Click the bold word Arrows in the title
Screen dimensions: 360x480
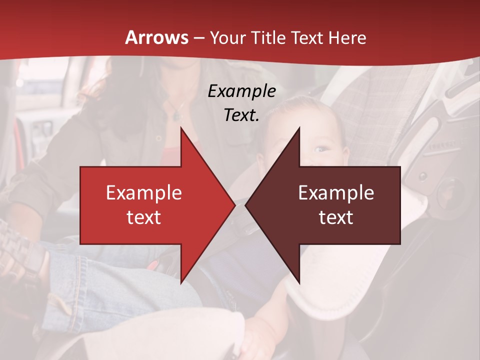[x=157, y=37]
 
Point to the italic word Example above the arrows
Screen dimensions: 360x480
[x=241, y=91]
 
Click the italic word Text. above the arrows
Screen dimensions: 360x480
[x=241, y=115]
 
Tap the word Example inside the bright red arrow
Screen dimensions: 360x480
[x=144, y=192]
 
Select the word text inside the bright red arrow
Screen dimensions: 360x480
[x=144, y=217]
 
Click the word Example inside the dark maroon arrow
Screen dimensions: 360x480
[x=336, y=192]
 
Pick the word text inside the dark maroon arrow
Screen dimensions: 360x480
[x=336, y=217]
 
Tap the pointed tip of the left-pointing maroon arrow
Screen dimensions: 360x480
[x=245, y=205]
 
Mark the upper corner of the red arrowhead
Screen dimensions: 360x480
[x=181, y=128]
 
